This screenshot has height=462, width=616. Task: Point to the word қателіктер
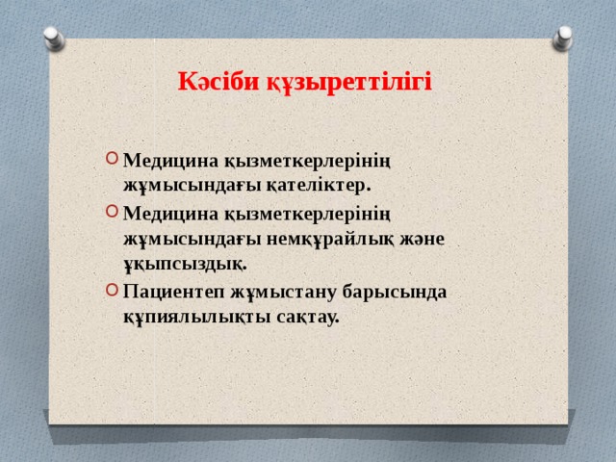click(x=315, y=185)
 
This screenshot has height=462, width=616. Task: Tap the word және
click(x=424, y=237)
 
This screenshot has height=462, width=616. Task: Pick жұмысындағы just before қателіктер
click(x=190, y=185)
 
